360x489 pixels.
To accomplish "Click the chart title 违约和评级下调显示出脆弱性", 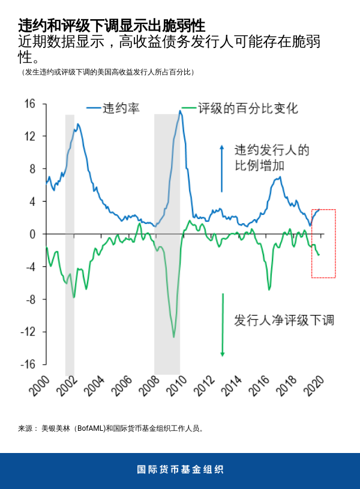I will tap(112, 26).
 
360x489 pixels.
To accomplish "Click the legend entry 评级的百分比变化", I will tap(248, 108).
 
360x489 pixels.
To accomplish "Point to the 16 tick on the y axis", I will tap(29, 104).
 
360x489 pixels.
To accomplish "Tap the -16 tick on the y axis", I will tap(28, 364).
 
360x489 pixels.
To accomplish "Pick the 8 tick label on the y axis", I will tap(32, 169).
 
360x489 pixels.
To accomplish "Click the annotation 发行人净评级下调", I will tap(284, 320).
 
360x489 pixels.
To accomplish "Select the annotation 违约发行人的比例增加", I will tap(271, 158).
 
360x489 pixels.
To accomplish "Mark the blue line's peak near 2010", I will tap(180, 111).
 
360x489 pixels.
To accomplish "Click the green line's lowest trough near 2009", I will tap(174, 337).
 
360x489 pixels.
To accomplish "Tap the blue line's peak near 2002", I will tap(77, 124).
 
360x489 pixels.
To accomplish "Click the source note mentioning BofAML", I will tap(112, 428).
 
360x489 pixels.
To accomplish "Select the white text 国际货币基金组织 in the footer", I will tap(180, 470).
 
